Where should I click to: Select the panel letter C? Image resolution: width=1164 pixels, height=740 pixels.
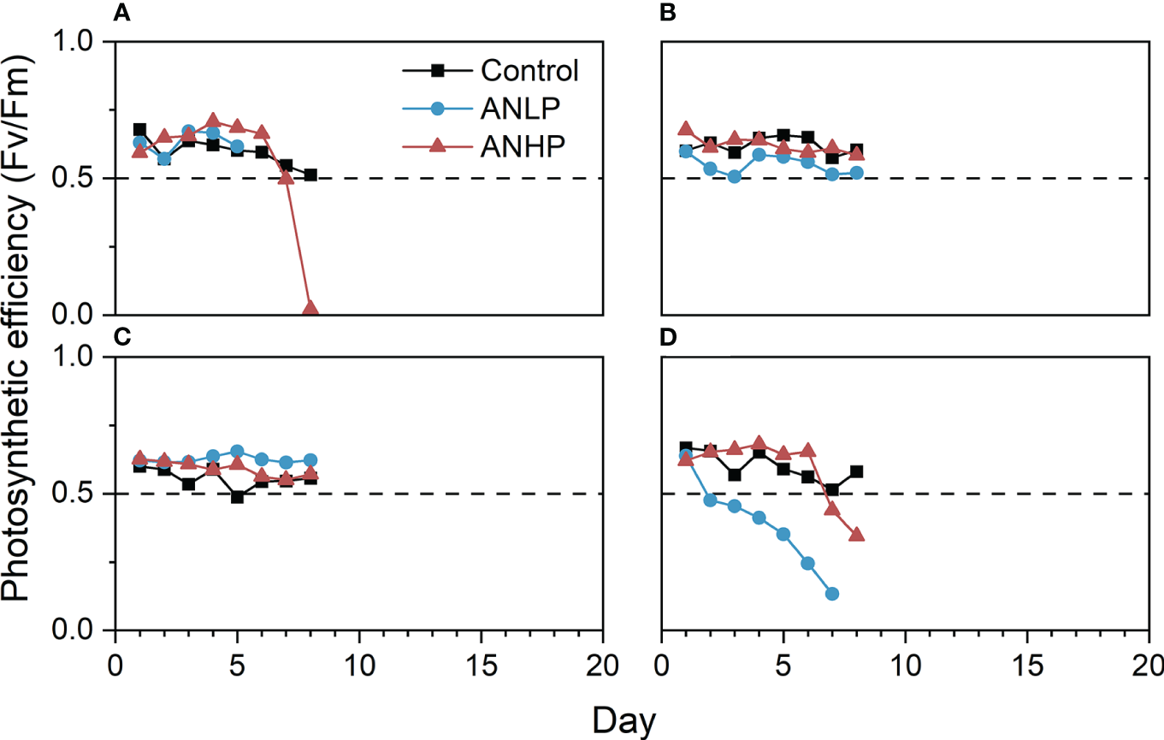121,336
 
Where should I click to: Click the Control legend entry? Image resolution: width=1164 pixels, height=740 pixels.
529,70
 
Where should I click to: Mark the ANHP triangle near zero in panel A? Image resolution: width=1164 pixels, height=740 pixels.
310,309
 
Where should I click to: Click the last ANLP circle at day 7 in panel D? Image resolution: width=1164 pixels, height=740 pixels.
831,594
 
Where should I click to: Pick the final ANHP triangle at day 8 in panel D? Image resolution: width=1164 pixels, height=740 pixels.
856,535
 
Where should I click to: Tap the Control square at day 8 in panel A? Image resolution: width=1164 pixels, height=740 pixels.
310,175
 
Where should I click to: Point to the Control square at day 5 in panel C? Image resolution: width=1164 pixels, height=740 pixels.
237,496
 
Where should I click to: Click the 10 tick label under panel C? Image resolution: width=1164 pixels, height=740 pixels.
358,665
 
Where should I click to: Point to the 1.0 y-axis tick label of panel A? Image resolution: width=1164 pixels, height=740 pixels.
80,41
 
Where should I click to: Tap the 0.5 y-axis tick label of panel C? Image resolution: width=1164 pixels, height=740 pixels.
80,494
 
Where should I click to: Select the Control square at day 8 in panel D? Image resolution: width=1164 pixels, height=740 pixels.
856,471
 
